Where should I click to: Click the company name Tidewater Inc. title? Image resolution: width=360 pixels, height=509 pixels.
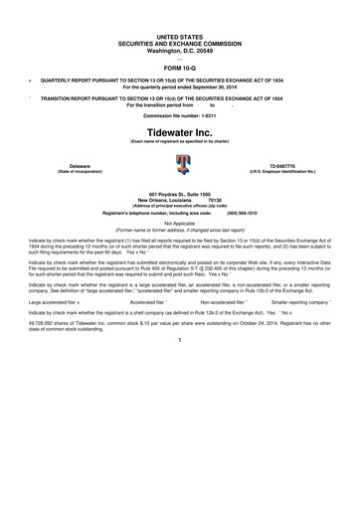coord(179,131)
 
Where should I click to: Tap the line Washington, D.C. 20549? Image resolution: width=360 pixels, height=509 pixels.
coord(179,21)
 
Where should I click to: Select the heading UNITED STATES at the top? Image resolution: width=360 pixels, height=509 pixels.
coord(179,8)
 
